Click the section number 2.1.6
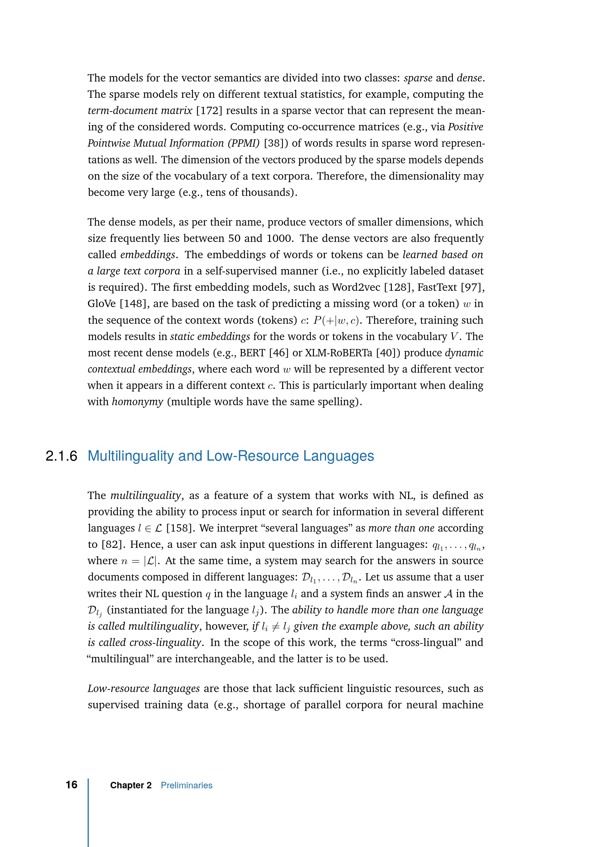[x=61, y=456]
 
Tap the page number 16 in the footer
[x=72, y=785]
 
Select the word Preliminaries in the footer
[x=186, y=785]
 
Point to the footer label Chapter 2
[x=131, y=785]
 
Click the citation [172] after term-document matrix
[x=209, y=111]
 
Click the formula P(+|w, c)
[x=336, y=320]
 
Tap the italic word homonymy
[x=137, y=402]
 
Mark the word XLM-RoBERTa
[x=339, y=353]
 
